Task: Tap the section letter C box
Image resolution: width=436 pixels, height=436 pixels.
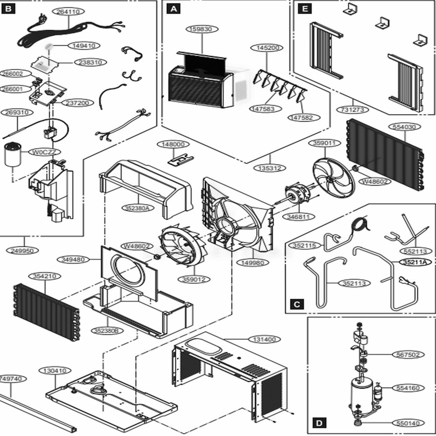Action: point(296,304)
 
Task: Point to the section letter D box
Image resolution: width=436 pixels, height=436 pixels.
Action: point(320,423)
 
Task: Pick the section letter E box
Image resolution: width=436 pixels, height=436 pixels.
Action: point(304,8)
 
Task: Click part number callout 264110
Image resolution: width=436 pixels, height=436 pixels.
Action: point(68,12)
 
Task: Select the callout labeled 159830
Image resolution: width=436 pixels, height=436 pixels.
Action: point(202,30)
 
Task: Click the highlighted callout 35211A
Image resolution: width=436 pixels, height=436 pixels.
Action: point(414,262)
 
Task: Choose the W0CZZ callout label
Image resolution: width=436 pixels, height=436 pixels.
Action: point(44,152)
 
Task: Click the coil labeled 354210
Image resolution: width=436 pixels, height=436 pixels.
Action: point(46,311)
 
